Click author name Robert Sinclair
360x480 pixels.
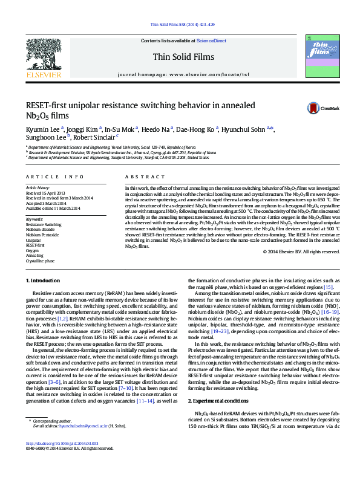point(93,137)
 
